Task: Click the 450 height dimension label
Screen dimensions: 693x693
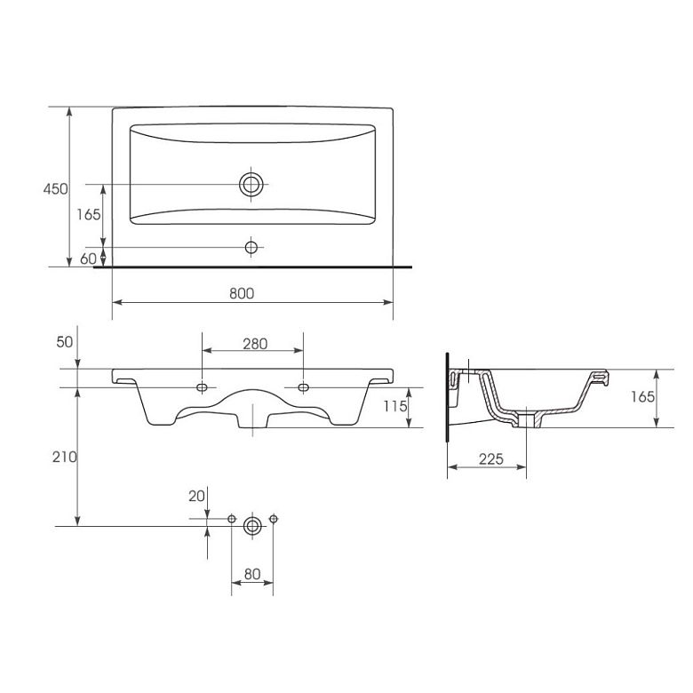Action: tap(56, 189)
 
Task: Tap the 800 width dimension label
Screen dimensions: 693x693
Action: tap(242, 293)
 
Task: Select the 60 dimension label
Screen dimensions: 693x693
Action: tap(88, 259)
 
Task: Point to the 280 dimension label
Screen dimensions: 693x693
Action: tap(255, 344)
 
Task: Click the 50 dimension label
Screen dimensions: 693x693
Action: tap(65, 342)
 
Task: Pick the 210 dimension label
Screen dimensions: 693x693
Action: tap(65, 457)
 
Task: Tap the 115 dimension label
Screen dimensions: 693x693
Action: tap(395, 406)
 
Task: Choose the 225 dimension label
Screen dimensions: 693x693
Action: tap(491, 458)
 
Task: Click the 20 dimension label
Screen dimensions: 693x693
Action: tap(196, 497)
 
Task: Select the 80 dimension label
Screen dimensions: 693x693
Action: tap(252, 574)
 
